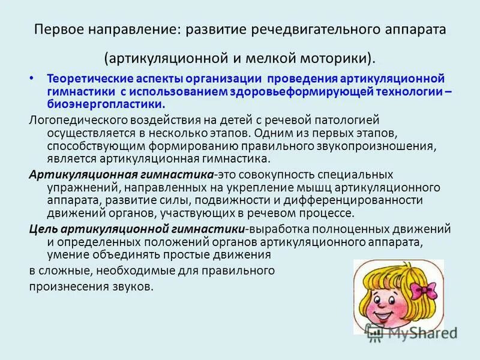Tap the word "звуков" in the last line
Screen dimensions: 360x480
click(135, 286)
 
